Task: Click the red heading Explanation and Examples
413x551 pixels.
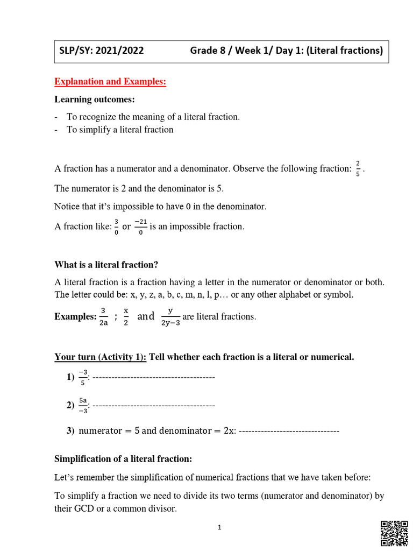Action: [110, 82]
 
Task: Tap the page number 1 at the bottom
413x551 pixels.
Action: [220, 528]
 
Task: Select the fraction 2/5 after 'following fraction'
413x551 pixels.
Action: [358, 168]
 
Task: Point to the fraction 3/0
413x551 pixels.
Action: [117, 227]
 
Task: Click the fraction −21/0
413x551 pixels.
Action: [140, 227]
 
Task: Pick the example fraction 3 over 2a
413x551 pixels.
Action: [103, 316]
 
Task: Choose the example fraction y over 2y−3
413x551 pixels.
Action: [170, 316]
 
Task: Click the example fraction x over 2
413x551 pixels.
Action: [126, 316]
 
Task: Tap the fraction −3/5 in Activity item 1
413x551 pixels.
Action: [82, 378]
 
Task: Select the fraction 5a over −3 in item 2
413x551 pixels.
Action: [82, 405]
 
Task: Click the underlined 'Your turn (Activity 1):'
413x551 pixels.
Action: [101, 358]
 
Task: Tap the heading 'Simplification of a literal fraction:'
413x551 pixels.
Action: [123, 459]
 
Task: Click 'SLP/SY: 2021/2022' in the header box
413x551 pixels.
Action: [102, 51]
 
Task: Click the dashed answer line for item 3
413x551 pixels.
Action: [289, 431]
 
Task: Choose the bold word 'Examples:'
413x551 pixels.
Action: [75, 317]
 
